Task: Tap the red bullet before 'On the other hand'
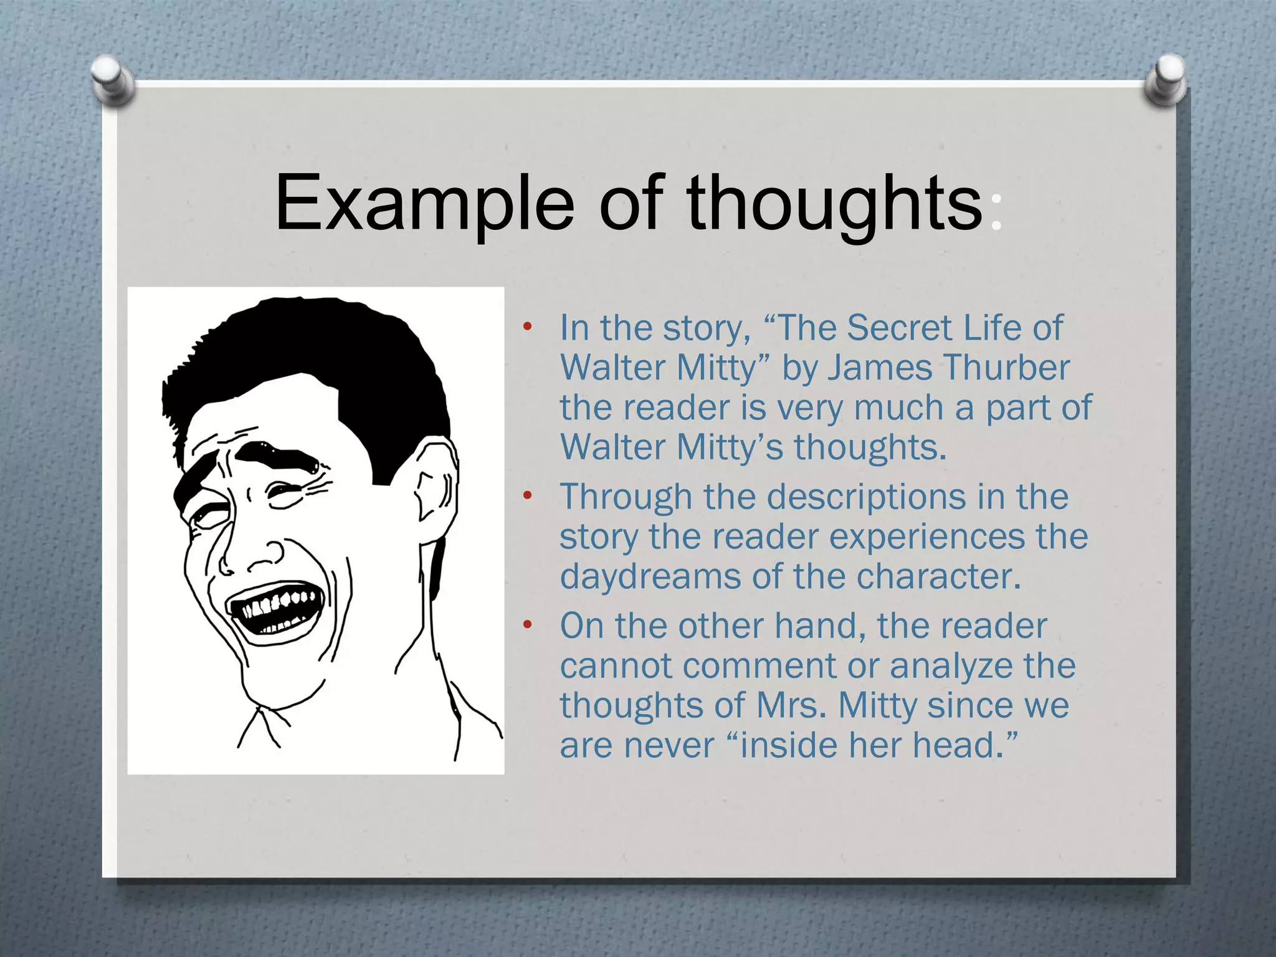[527, 625]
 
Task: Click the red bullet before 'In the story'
[527, 327]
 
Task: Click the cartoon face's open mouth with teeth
[274, 611]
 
